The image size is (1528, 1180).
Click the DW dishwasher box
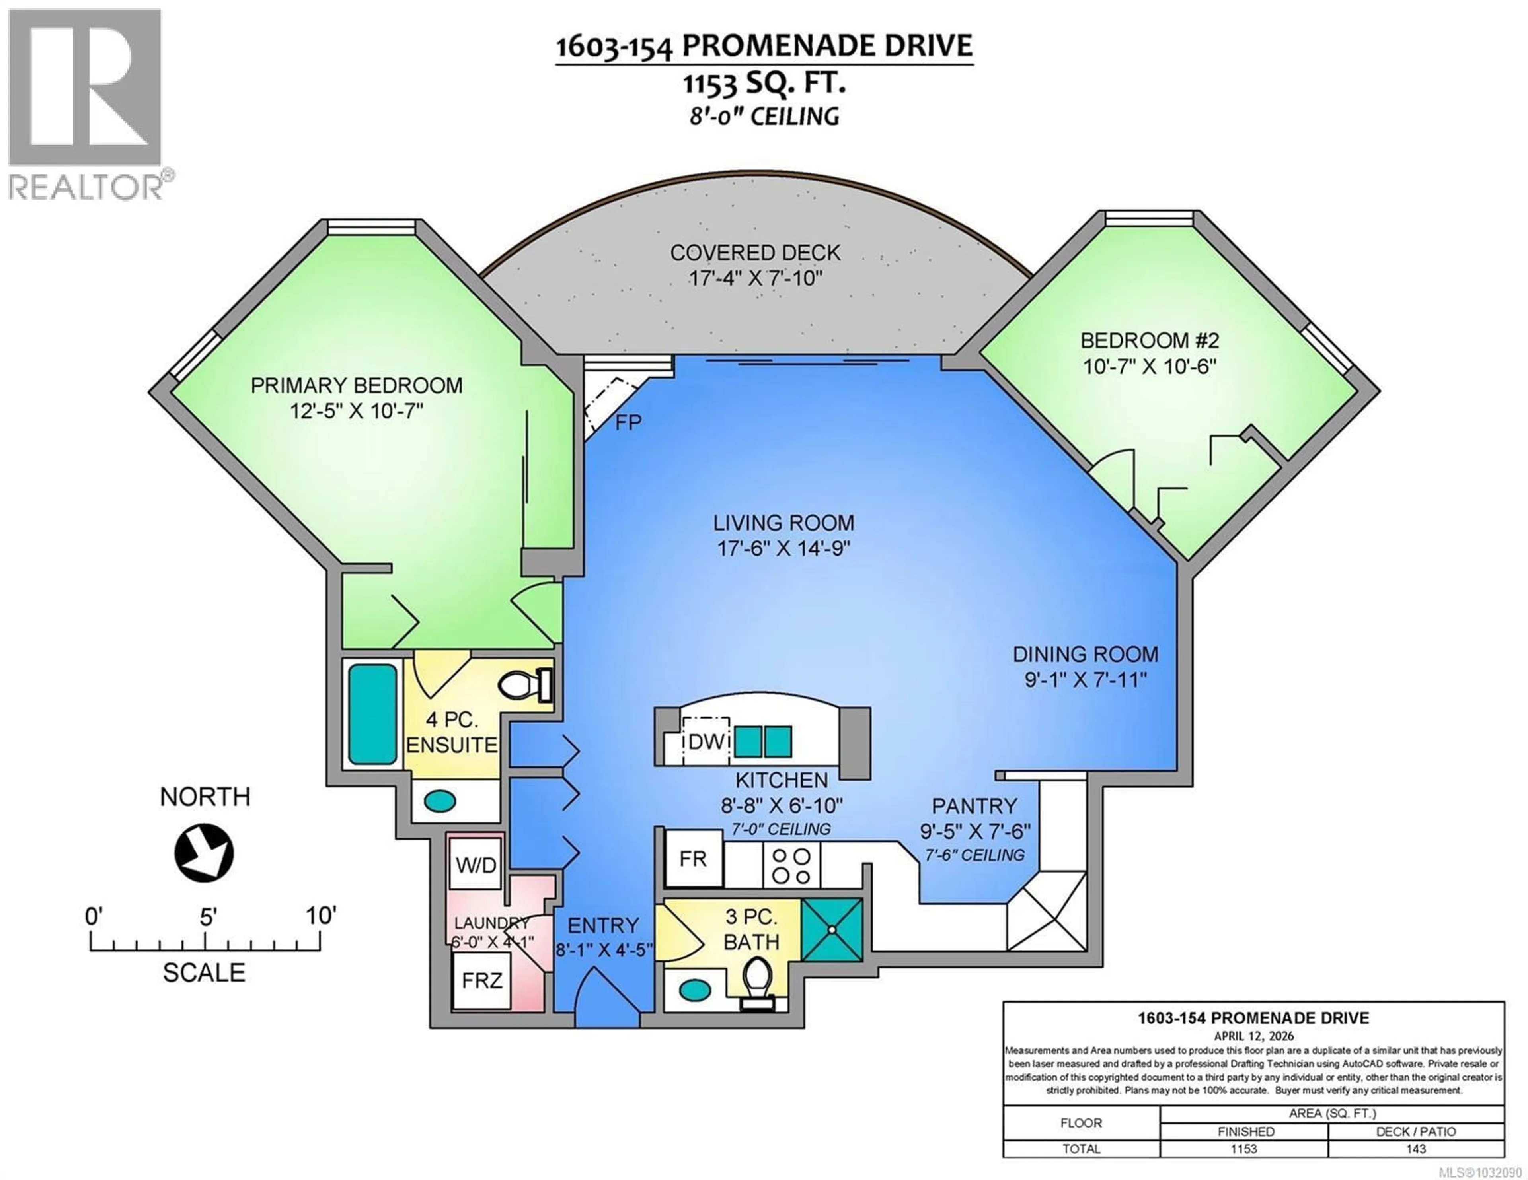706,741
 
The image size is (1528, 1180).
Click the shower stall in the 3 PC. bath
832,929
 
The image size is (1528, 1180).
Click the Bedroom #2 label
1150,341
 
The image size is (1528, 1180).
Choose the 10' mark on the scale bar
320,916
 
